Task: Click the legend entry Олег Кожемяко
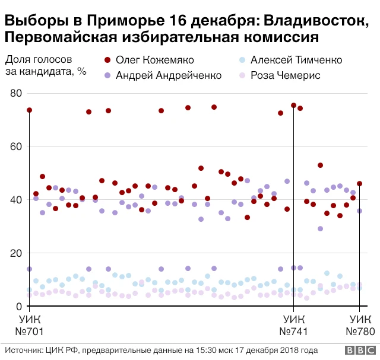(x=154, y=60)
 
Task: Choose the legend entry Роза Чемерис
(x=285, y=75)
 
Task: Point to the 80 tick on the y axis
(x=16, y=93)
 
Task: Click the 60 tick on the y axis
(x=16, y=146)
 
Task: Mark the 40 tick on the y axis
(x=16, y=200)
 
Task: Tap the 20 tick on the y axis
(x=16, y=253)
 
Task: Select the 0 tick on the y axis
(x=19, y=307)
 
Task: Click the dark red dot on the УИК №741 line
(x=293, y=106)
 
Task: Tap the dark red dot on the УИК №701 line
(x=29, y=110)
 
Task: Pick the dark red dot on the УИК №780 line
(x=359, y=184)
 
